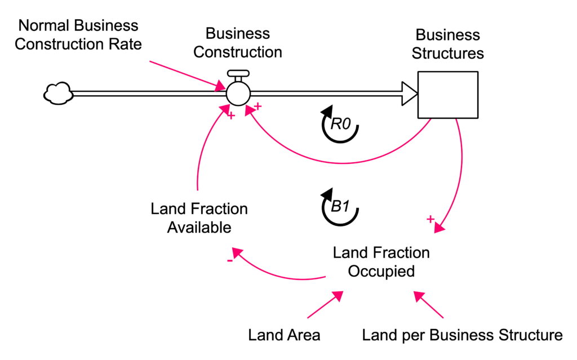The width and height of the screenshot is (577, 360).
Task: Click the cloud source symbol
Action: (57, 93)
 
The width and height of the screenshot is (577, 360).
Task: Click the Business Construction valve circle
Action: (238, 93)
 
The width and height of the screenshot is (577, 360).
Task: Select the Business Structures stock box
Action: (447, 94)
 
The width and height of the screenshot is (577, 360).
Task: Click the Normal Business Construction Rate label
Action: (78, 35)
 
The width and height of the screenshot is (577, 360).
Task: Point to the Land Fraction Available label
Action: (199, 218)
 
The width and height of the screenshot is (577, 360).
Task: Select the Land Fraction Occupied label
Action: (381, 261)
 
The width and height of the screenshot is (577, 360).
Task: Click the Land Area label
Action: (284, 335)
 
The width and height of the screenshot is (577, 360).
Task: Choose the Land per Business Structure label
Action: (462, 335)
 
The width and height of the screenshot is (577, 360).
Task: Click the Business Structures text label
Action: (447, 44)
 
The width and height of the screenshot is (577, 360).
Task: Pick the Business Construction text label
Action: (237, 43)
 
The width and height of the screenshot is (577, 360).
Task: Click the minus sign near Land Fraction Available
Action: (230, 261)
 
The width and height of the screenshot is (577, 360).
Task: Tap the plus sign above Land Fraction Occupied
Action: (431, 219)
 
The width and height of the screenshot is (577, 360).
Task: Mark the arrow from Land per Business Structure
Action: (429, 305)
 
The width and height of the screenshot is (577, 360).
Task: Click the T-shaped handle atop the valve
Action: (237, 74)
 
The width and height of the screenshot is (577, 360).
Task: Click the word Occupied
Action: (381, 271)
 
